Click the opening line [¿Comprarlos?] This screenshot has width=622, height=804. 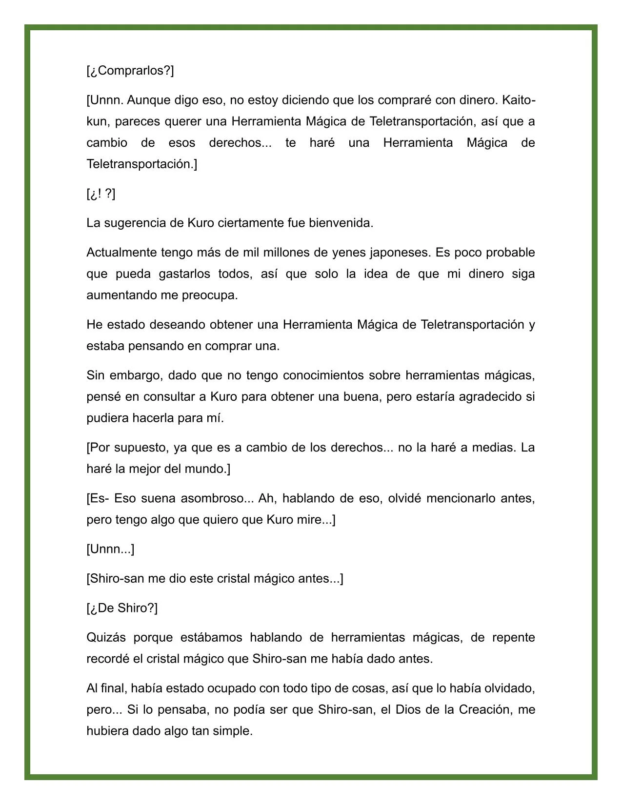130,71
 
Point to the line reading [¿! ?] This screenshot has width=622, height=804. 101,194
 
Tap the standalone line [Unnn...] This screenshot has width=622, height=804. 110,549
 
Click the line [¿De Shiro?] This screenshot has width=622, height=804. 122,608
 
